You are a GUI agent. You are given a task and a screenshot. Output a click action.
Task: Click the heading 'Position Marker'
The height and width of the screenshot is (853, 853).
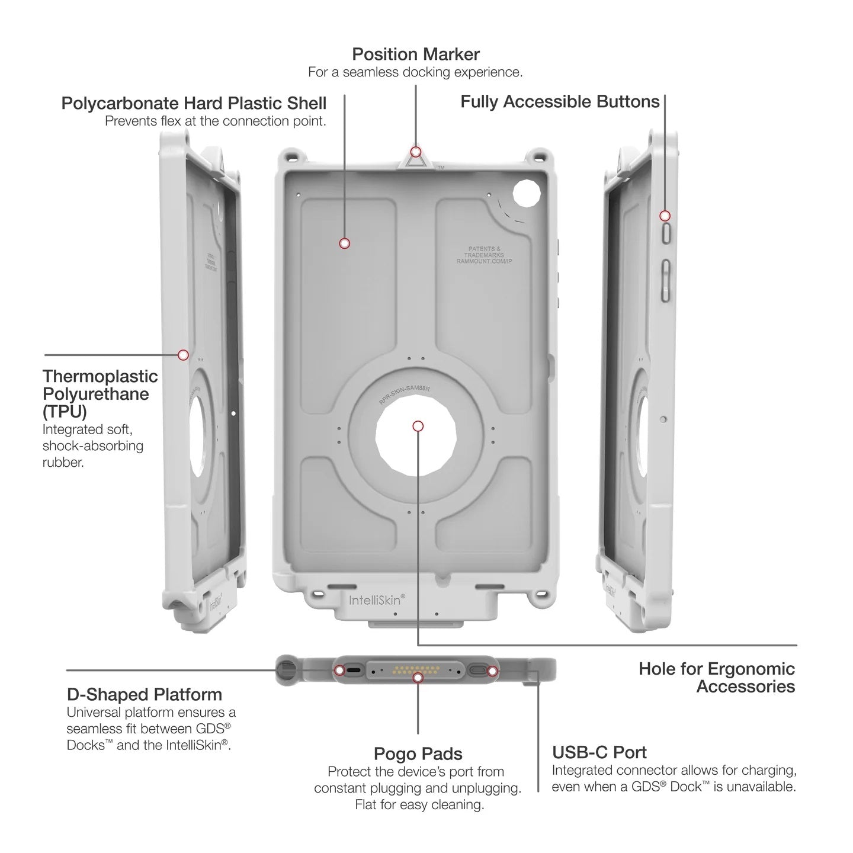[416, 54]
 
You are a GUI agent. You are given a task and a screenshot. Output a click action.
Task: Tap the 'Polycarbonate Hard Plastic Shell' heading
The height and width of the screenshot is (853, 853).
[194, 103]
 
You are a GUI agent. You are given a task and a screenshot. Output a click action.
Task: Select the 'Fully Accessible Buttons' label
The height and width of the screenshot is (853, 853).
[560, 102]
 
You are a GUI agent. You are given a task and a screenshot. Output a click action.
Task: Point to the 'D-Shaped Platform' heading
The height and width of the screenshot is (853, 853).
[145, 694]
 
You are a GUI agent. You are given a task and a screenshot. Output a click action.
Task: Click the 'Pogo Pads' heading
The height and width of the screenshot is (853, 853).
[418, 753]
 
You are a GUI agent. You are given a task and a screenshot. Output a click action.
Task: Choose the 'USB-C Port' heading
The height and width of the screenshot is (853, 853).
[599, 752]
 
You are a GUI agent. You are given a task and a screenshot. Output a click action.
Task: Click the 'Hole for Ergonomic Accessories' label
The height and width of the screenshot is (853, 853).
[717, 678]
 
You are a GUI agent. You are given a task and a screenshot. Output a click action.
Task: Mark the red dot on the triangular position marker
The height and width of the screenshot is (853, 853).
[416, 152]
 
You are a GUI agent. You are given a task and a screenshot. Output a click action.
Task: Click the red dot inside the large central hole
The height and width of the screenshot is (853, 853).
[418, 426]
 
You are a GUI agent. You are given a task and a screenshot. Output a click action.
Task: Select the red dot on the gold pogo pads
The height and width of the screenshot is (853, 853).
[418, 676]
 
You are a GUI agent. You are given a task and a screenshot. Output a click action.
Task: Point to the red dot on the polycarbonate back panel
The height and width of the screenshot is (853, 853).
[344, 243]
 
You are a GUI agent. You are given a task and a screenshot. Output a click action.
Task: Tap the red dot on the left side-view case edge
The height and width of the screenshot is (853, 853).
[183, 355]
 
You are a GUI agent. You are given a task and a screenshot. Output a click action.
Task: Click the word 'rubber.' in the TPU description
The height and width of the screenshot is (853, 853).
[63, 462]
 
